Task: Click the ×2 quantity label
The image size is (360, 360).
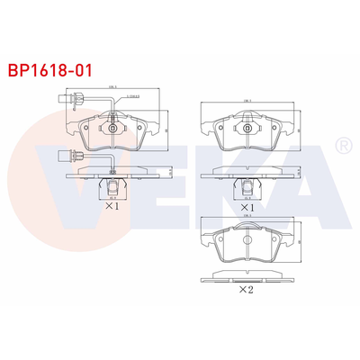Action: coord(246,290)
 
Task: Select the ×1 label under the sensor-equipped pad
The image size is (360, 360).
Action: coord(112,205)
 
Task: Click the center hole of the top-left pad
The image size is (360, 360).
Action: coord(112,130)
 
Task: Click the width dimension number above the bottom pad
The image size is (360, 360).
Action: coord(247,216)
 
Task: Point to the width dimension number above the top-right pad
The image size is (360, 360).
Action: coord(247,100)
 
